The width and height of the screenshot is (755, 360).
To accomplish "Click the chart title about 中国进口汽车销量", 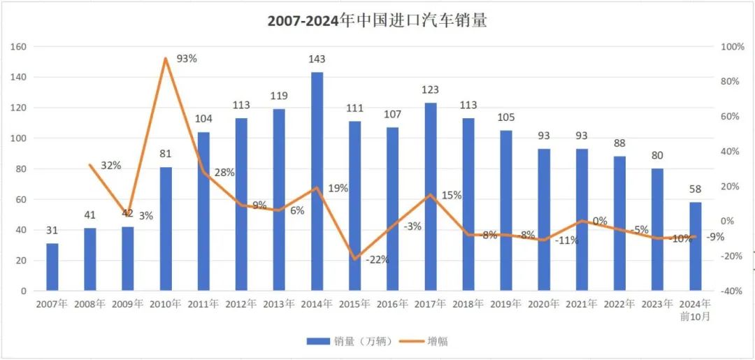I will click(x=377, y=20).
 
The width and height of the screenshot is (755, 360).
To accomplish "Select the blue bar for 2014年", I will click(x=317, y=181).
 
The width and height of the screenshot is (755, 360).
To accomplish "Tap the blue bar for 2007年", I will click(x=52, y=266).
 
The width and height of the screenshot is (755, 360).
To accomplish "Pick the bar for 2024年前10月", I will click(x=695, y=246).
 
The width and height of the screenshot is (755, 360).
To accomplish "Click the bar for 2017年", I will click(x=430, y=196).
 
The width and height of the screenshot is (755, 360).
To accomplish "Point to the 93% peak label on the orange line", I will click(x=187, y=59).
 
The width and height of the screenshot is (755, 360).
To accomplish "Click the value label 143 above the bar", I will click(x=317, y=59).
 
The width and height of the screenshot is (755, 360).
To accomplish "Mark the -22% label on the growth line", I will click(x=377, y=259).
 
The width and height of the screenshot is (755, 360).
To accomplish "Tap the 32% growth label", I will click(x=110, y=166).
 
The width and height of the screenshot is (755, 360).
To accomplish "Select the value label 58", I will click(x=695, y=189).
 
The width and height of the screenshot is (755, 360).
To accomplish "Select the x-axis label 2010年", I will click(x=166, y=304).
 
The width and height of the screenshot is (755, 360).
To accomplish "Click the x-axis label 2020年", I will click(x=544, y=304).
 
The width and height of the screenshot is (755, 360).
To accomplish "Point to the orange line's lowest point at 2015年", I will click(x=355, y=259).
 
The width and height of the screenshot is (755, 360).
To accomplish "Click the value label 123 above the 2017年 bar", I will click(x=430, y=89).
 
